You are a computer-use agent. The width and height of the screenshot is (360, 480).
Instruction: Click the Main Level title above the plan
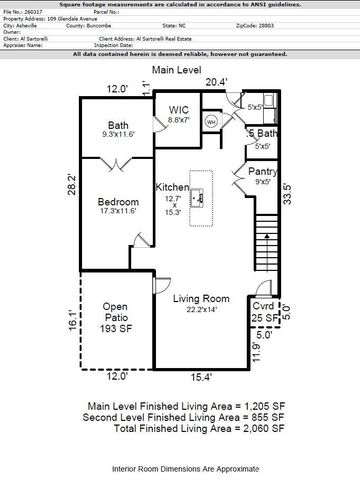coord(178,69)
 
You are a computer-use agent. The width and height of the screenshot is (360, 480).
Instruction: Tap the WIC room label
coord(179,109)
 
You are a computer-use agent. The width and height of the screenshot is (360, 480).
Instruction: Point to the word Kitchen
coord(172,188)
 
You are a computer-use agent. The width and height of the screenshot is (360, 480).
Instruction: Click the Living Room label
coord(201,298)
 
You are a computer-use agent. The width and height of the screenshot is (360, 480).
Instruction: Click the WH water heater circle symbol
coord(211,121)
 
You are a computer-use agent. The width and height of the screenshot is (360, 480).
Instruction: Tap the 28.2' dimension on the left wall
coord(71,185)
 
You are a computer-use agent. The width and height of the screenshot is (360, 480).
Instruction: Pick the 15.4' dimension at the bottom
coord(204,377)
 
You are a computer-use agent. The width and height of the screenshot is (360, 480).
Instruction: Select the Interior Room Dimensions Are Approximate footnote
coord(178,467)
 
